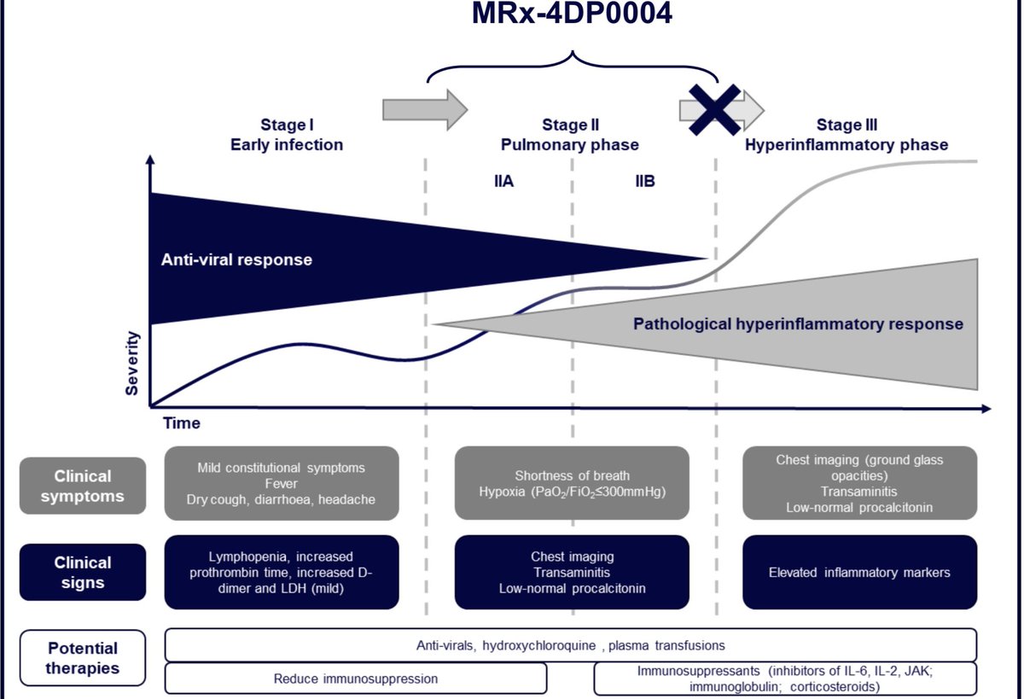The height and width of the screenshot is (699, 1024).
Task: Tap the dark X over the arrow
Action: (x=715, y=109)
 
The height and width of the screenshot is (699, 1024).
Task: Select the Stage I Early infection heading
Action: (x=287, y=135)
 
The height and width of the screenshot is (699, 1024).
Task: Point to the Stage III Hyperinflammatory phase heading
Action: (x=846, y=135)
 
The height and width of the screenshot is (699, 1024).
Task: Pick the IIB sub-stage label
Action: (x=644, y=182)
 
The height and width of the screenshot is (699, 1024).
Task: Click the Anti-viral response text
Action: (x=236, y=259)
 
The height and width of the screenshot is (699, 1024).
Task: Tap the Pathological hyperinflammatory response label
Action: (x=798, y=324)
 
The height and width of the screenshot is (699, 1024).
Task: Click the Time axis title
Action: (x=181, y=422)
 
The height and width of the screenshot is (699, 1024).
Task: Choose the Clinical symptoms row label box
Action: (x=83, y=486)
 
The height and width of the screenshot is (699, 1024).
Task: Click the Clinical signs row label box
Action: (x=83, y=573)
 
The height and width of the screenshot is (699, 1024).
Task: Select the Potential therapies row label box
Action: (x=83, y=658)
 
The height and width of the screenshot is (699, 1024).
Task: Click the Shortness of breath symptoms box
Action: (x=572, y=483)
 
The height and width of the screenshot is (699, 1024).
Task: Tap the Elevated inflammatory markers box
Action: (x=859, y=572)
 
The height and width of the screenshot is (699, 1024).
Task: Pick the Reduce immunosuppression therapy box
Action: (x=356, y=679)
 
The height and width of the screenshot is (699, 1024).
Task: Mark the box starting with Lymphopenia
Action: (x=281, y=572)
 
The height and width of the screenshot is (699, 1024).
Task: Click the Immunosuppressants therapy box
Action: (x=785, y=679)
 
